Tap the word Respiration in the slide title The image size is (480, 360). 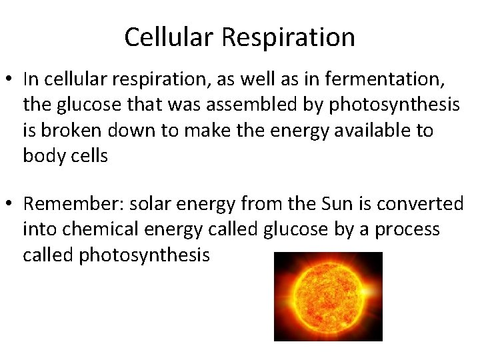pos(288,37)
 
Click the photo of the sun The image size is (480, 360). pos(328,296)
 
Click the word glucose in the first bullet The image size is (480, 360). pos(83,105)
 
